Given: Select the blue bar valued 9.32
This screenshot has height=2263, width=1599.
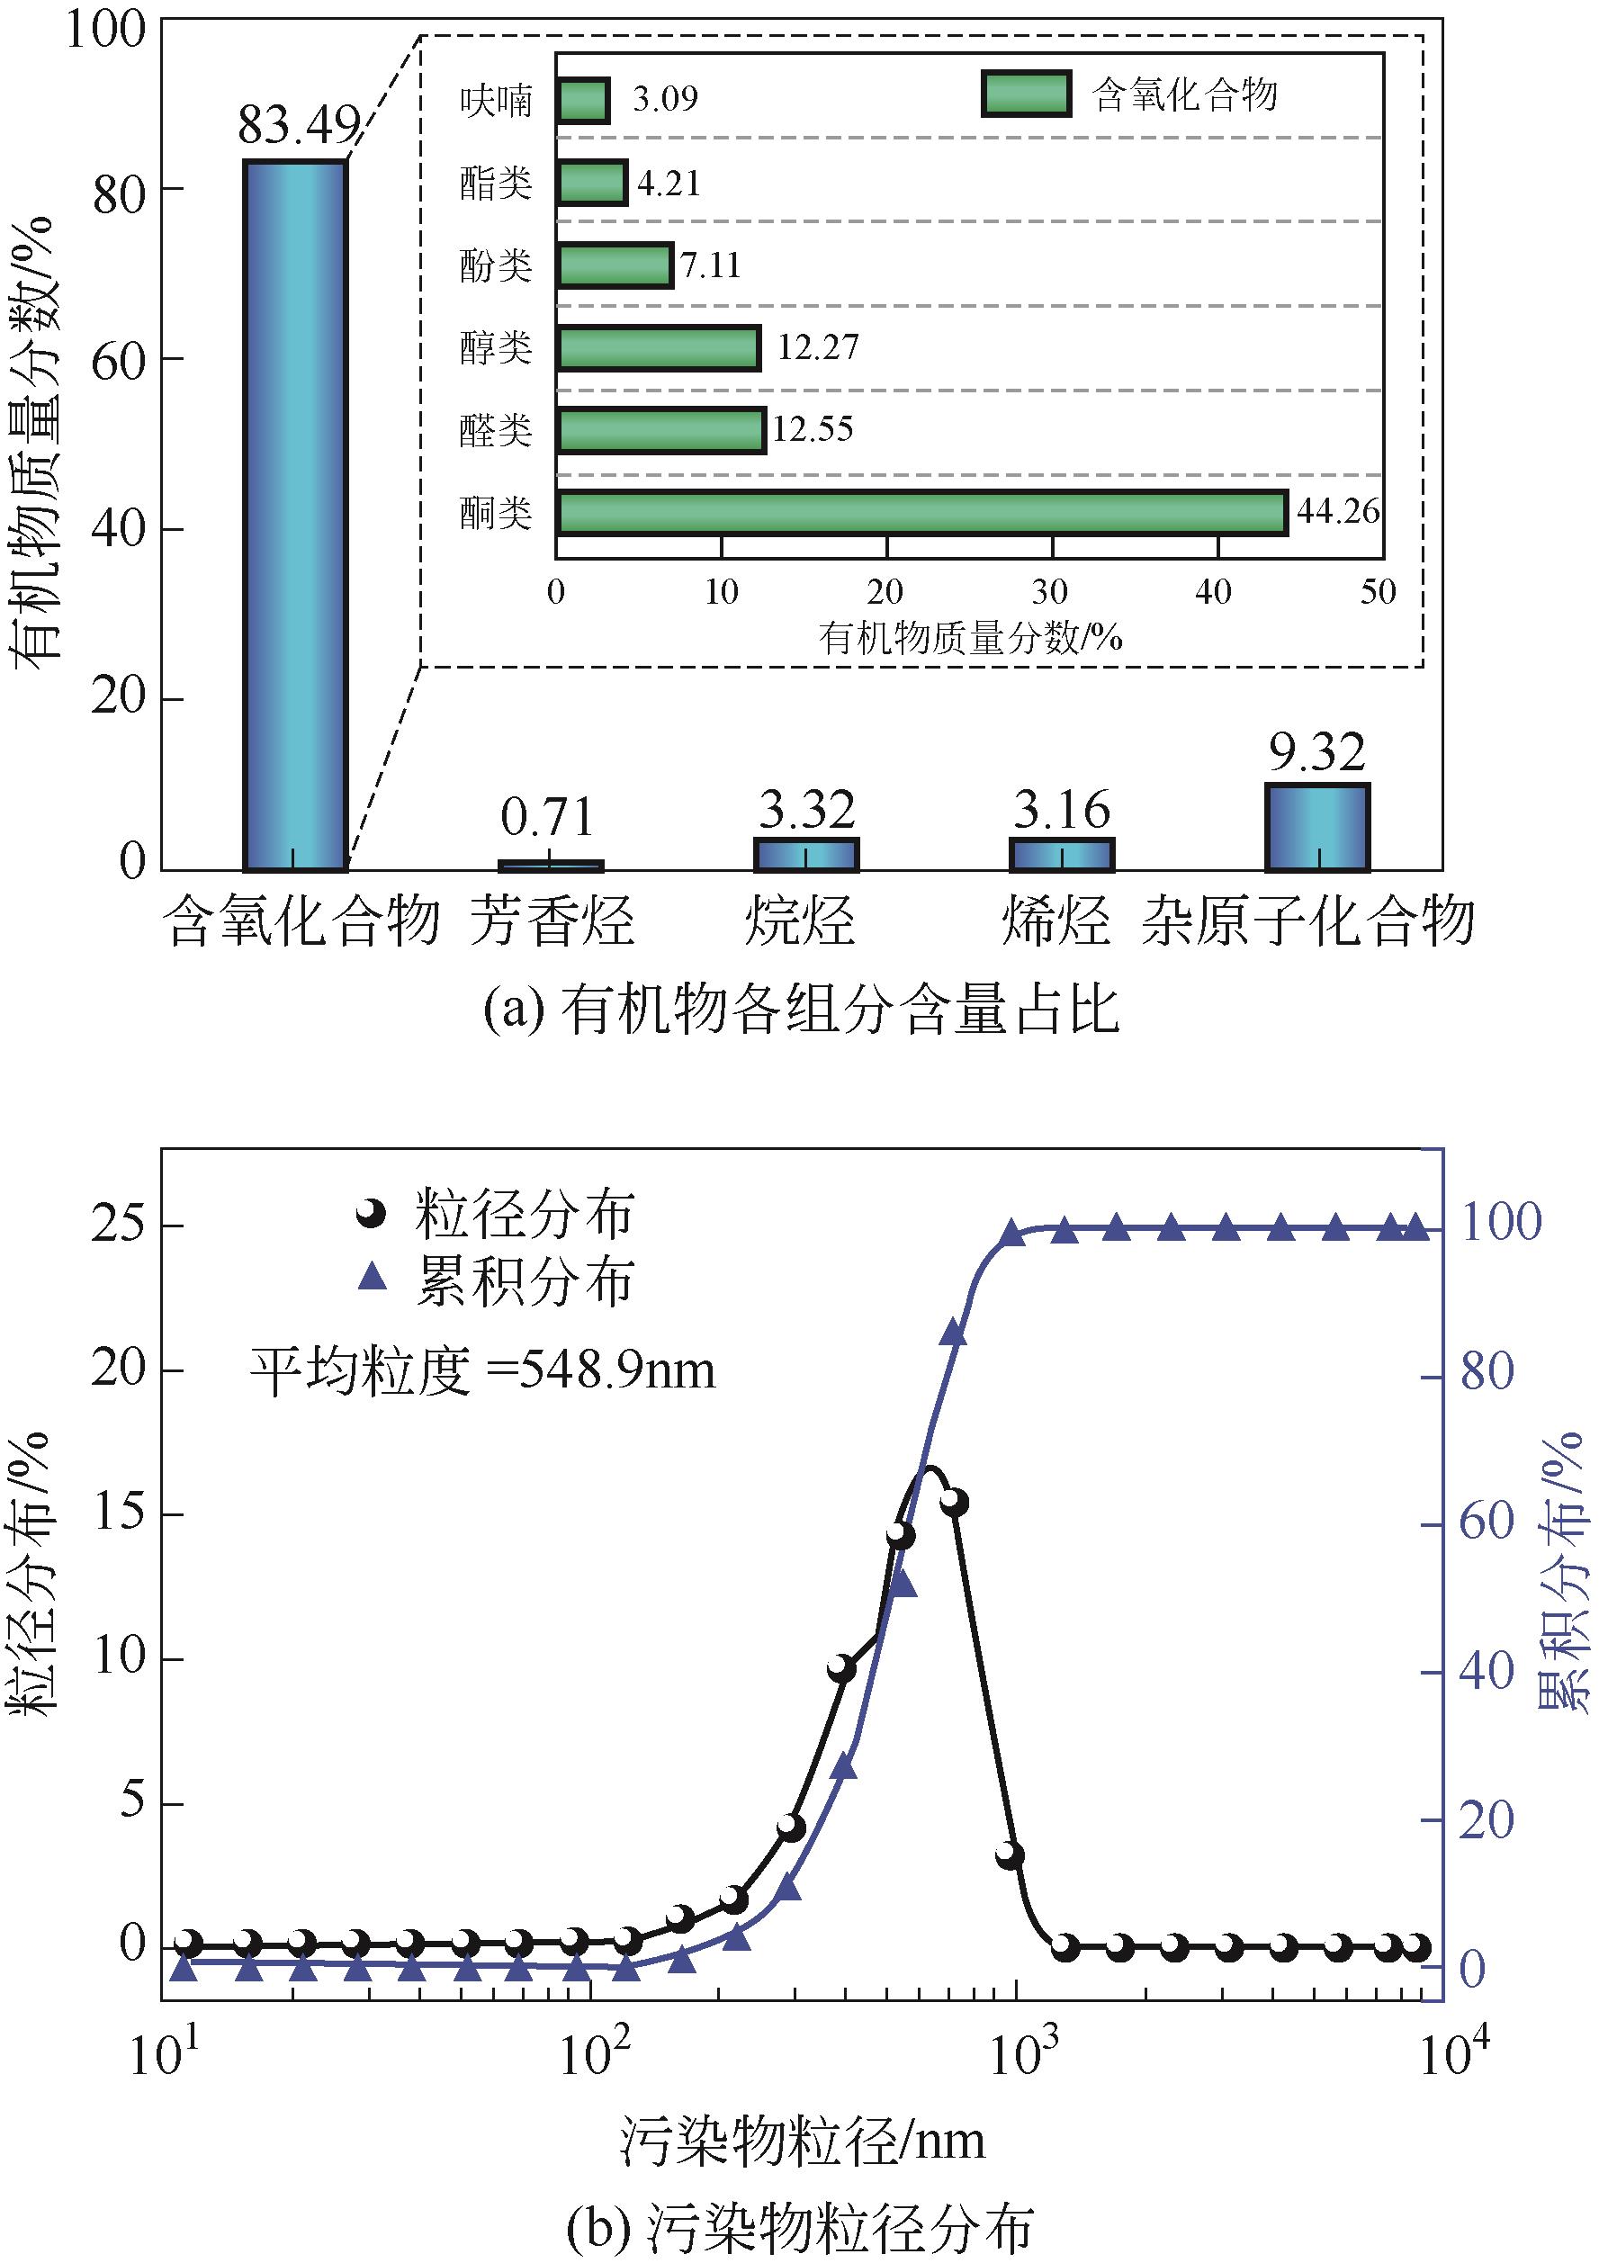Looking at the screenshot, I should [x=1316, y=828].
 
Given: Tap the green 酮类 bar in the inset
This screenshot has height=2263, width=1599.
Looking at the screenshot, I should [x=921, y=514].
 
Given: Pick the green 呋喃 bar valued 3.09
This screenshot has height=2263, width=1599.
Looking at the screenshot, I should [x=581, y=101].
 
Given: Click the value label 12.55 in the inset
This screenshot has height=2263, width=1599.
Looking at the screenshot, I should [x=813, y=430].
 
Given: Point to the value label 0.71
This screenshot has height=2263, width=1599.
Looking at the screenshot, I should [x=547, y=817].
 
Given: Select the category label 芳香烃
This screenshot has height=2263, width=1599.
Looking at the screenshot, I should [x=550, y=921].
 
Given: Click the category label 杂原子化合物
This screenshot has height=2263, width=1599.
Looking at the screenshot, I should [x=1308, y=921].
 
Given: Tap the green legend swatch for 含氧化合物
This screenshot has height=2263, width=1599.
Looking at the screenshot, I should [x=1025, y=94].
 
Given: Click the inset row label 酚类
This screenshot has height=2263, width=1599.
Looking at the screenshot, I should [x=496, y=266].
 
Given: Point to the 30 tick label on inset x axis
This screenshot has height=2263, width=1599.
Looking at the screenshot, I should [x=1050, y=592].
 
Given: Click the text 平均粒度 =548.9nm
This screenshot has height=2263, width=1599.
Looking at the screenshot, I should [x=481, y=1371].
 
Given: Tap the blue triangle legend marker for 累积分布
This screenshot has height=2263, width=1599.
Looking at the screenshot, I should [x=373, y=1279].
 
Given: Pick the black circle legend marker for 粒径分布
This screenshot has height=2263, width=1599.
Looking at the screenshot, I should [x=372, y=1215].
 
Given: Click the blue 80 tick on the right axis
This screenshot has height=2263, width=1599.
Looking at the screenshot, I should [x=1486, y=1372].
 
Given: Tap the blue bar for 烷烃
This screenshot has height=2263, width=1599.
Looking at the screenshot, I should [x=805, y=855].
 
